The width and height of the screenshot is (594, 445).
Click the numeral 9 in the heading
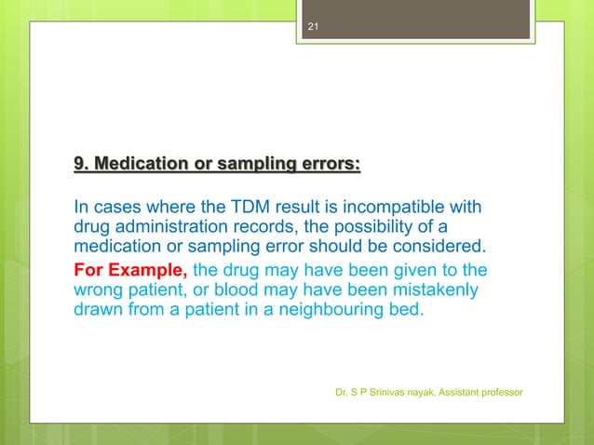coord(79,166)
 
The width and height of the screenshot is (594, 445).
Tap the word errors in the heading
coord(327,166)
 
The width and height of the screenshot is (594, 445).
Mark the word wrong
coord(98,290)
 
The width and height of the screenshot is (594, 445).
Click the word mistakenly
coord(430,290)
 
